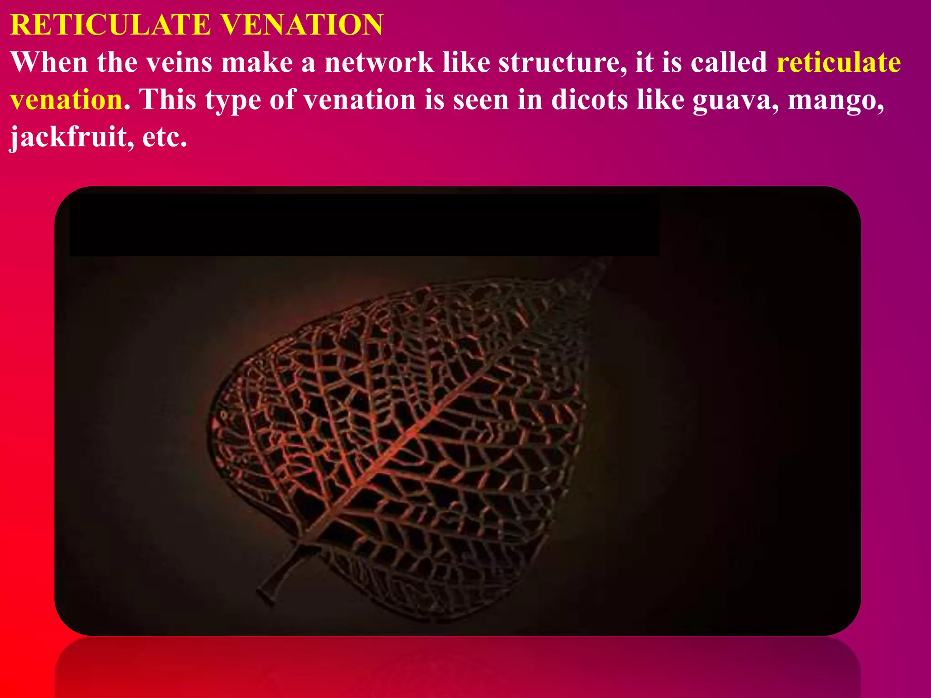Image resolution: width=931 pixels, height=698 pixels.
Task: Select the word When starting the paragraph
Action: [x=50, y=62]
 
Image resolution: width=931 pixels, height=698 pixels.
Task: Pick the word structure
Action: [x=560, y=62]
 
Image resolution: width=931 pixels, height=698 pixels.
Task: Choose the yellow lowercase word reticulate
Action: [x=839, y=62]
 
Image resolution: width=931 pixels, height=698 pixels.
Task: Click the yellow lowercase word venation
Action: [x=66, y=100]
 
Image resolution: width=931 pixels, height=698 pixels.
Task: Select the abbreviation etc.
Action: [x=165, y=137]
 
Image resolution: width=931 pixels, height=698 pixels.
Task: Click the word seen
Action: [x=481, y=100]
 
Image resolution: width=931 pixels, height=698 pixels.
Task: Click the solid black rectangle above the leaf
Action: [x=364, y=225]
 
